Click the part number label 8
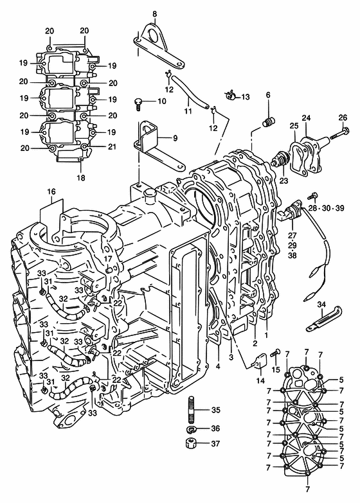155,14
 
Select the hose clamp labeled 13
230,94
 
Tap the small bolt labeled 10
138,104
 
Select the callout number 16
51,191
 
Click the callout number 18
81,177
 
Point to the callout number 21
112,146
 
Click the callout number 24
306,118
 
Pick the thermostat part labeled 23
280,159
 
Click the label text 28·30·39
327,208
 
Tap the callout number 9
175,138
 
